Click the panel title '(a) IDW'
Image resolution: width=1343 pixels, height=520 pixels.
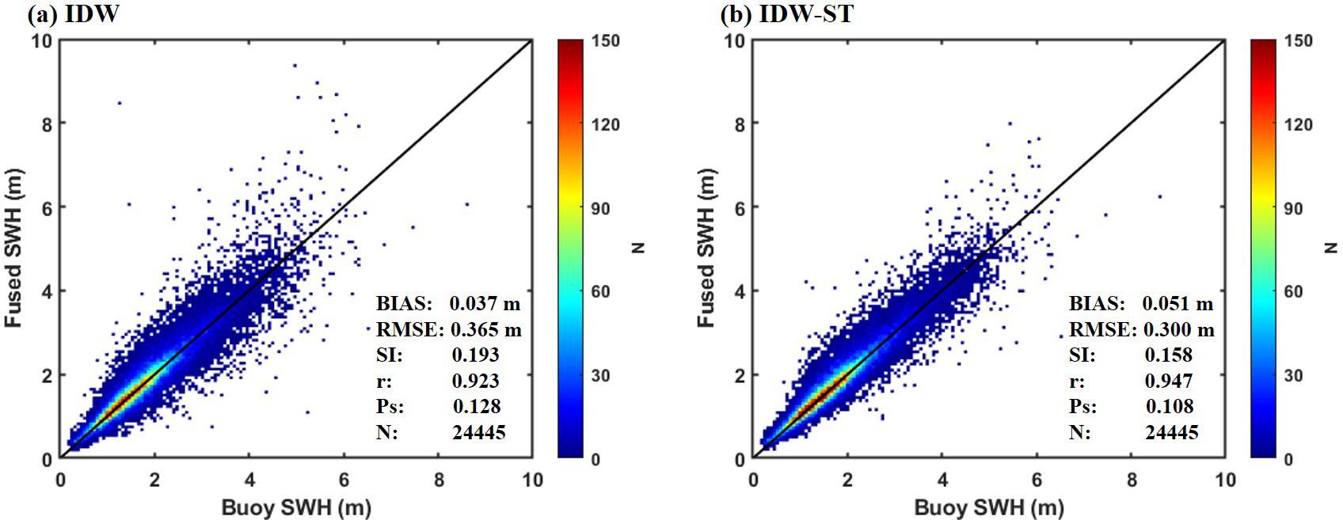click(73, 13)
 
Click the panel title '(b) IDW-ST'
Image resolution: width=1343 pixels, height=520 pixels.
click(786, 13)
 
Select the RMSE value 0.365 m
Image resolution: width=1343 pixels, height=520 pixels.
click(485, 329)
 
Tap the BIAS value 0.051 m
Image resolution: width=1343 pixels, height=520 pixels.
click(1178, 303)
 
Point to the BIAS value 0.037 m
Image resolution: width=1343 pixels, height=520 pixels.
click(485, 303)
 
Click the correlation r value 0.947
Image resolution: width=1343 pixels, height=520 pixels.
click(1168, 381)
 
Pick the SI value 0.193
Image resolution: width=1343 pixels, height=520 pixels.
click(476, 355)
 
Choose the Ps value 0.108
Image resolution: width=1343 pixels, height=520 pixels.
click(1169, 406)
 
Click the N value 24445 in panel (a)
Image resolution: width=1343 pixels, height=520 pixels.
click(478, 432)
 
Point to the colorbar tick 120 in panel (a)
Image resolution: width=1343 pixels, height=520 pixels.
click(606, 124)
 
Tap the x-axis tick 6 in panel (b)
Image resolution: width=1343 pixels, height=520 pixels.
click(1036, 480)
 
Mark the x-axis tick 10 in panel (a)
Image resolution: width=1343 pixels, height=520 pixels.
click(532, 480)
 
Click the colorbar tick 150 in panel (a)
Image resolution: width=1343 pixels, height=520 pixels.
click(606, 41)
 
